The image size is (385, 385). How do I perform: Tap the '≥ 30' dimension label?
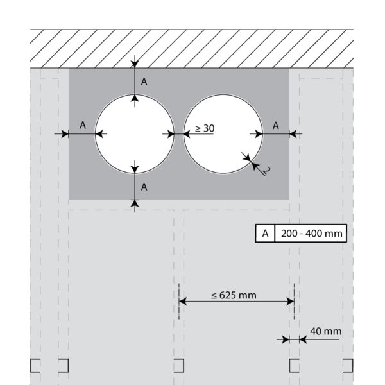click(x=204, y=128)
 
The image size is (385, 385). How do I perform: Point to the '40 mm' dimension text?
click(x=325, y=331)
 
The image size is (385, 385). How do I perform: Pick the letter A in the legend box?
click(x=264, y=233)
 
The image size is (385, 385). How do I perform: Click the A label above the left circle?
click(x=144, y=82)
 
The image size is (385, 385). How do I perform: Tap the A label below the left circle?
click(x=144, y=187)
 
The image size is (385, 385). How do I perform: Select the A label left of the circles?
click(x=83, y=126)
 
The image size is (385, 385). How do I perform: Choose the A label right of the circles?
click(x=275, y=126)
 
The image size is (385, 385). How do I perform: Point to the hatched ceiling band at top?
click(x=193, y=47)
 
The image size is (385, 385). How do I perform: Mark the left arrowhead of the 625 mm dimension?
click(x=182, y=300)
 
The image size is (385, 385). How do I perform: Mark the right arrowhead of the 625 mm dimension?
click(x=290, y=300)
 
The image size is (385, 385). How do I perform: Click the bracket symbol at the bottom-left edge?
click(x=35, y=365)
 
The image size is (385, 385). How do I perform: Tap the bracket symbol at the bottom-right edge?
click(x=348, y=365)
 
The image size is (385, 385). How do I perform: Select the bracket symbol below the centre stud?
click(x=179, y=365)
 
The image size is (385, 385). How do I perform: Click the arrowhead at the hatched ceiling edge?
click(x=134, y=63)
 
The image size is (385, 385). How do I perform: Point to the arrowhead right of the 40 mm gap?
click(x=302, y=339)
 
